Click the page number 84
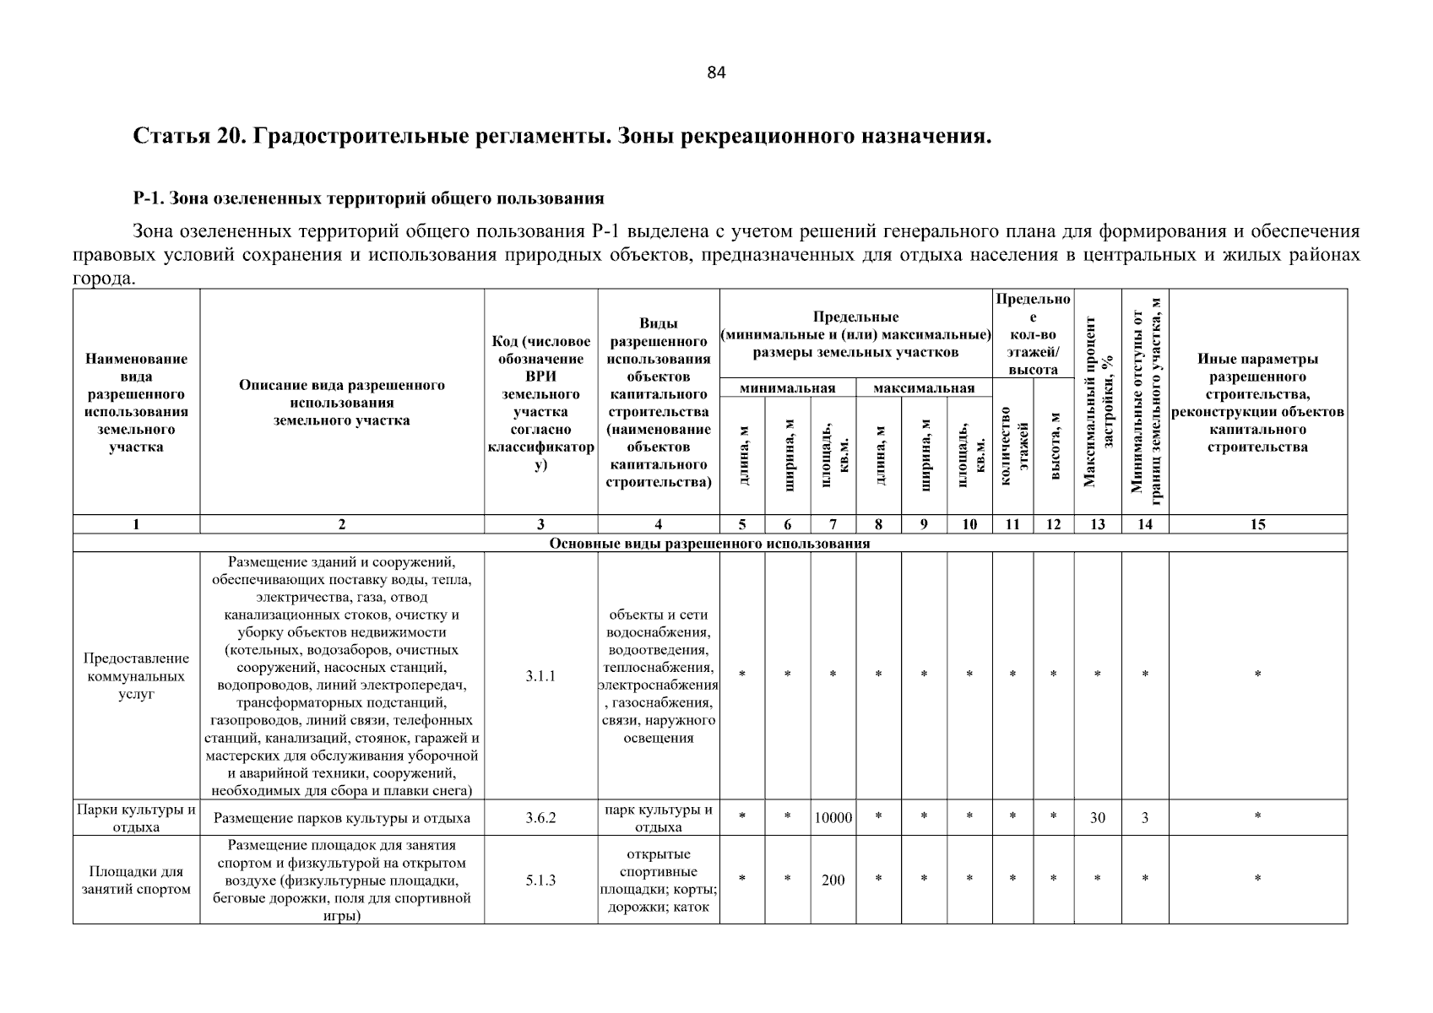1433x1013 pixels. tap(716, 73)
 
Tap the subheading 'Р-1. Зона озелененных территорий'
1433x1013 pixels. tap(368, 198)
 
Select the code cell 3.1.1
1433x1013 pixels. tap(540, 676)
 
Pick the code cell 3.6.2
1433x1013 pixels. tap(540, 818)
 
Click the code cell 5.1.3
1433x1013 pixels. tap(540, 880)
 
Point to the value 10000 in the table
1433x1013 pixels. tap(833, 818)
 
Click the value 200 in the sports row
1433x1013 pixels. tap(833, 880)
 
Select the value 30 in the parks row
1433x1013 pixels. tap(1097, 818)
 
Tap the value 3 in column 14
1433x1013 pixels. tap(1144, 818)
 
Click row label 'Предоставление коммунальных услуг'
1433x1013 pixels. tap(136, 676)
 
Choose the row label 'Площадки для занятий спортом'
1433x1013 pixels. tap(136, 880)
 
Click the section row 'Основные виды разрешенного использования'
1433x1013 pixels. tap(709, 544)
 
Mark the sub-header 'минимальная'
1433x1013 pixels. tap(787, 388)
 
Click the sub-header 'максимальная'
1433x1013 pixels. tap(924, 388)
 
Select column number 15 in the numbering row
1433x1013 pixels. tap(1257, 524)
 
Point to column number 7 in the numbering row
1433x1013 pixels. tap(833, 524)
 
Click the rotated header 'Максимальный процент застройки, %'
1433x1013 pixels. tap(1098, 402)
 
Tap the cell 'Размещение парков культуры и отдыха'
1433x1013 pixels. tap(342, 818)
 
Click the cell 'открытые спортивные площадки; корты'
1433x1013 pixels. tap(659, 880)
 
